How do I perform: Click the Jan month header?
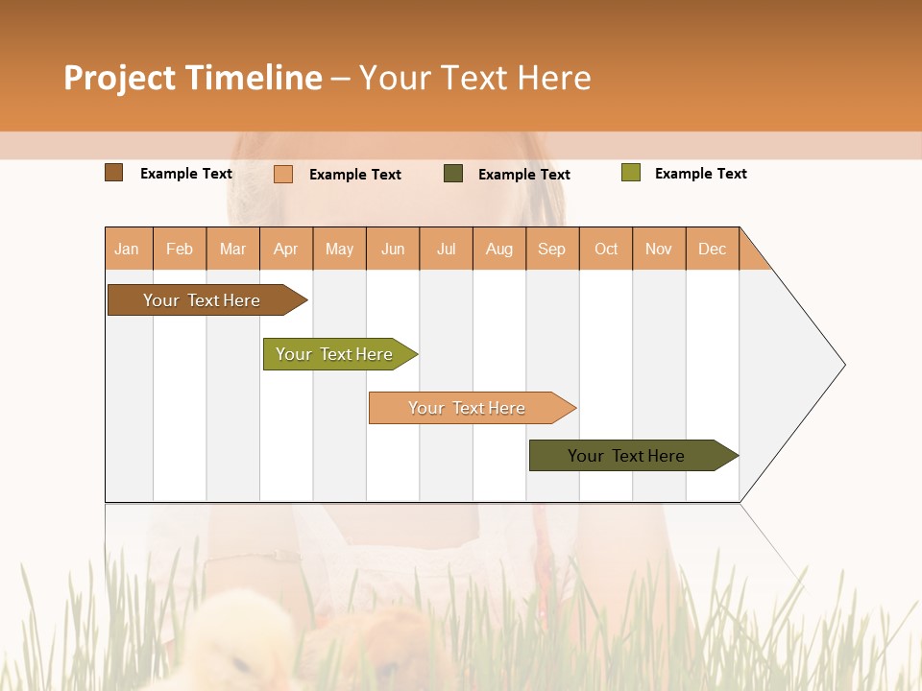point(127,249)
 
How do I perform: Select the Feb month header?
point(180,249)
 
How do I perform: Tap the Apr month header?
point(285,249)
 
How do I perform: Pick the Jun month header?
point(393,249)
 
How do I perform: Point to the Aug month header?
point(498,249)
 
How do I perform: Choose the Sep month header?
point(551,249)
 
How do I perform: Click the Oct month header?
point(606,249)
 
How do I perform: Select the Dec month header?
point(712,249)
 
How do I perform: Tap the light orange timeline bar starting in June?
point(468,408)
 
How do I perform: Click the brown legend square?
point(114,173)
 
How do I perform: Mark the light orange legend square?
point(283,174)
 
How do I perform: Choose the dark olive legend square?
point(453,174)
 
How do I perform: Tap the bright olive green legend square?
point(630,173)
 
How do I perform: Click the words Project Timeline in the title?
point(193,78)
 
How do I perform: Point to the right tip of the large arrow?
point(842,365)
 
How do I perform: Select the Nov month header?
point(659,249)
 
